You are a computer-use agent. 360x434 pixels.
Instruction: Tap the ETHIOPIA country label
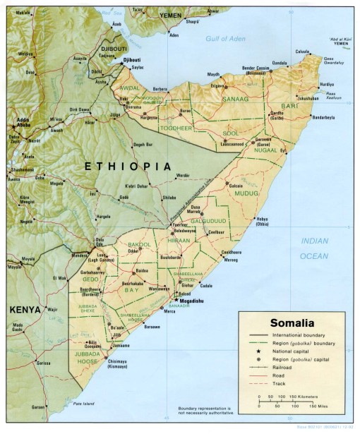click(127, 166)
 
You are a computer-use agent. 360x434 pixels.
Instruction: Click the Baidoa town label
click(143, 270)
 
